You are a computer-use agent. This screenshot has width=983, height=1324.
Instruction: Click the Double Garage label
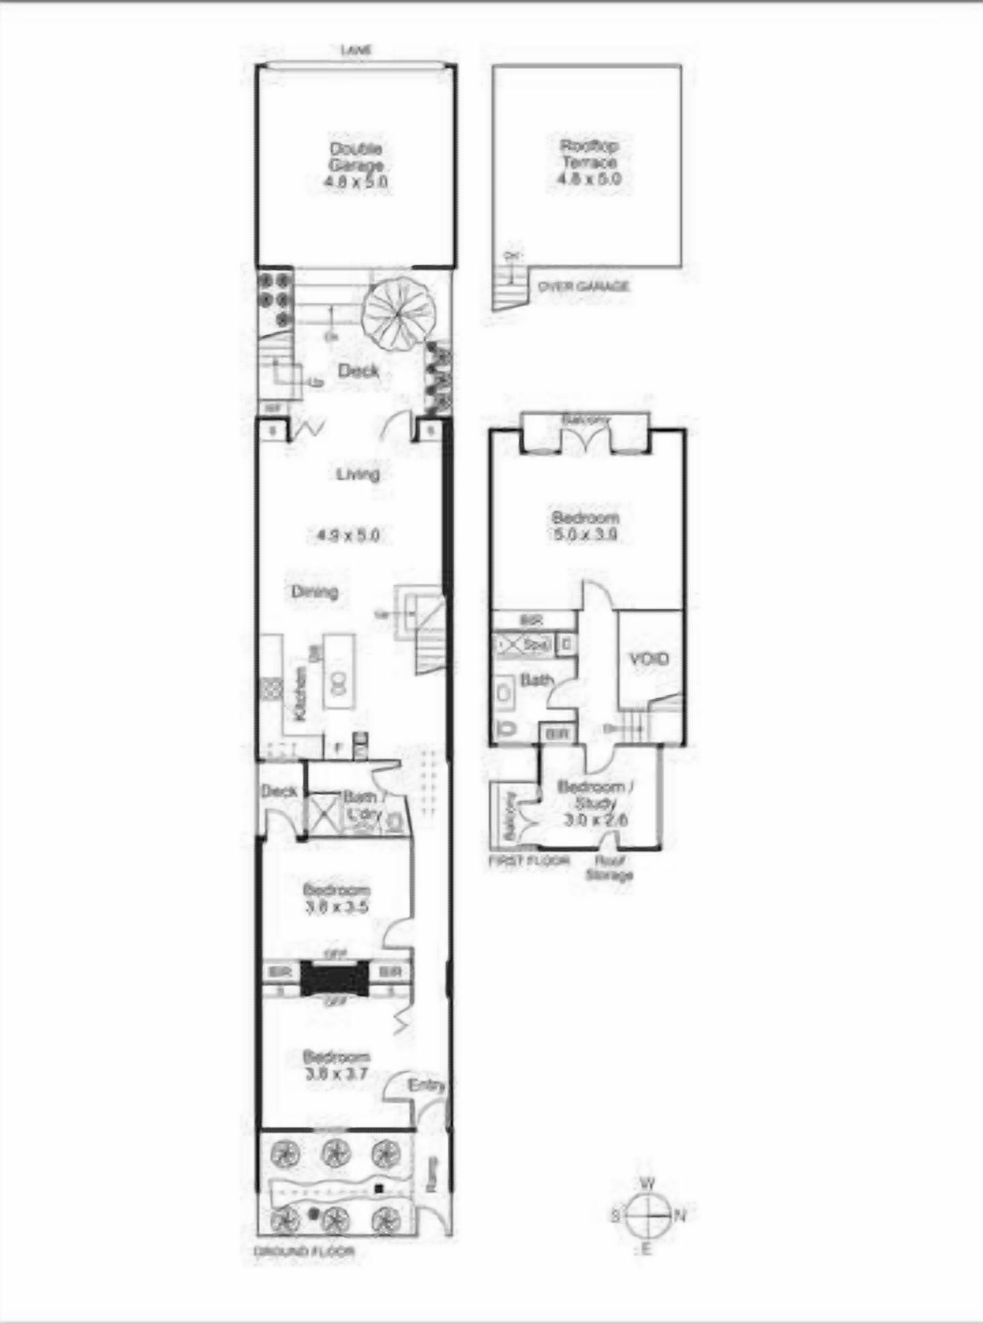coord(356,157)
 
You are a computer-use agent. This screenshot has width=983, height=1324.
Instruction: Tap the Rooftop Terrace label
coord(588,154)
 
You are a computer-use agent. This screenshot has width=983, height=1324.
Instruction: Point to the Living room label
coord(358,474)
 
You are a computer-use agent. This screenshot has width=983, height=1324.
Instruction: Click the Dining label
coord(315,591)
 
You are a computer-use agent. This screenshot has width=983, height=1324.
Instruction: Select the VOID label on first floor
coord(649,659)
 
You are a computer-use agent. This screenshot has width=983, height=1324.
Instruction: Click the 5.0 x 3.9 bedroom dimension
coord(585,534)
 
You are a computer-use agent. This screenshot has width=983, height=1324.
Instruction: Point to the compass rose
coord(646,1214)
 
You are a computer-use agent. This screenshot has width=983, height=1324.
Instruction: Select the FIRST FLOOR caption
coord(529,861)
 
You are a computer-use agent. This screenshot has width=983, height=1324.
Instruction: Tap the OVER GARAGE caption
coord(583,287)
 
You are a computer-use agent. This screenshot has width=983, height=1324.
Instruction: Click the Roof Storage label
coord(609,868)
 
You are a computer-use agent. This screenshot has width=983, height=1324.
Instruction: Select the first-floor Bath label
coord(536,680)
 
